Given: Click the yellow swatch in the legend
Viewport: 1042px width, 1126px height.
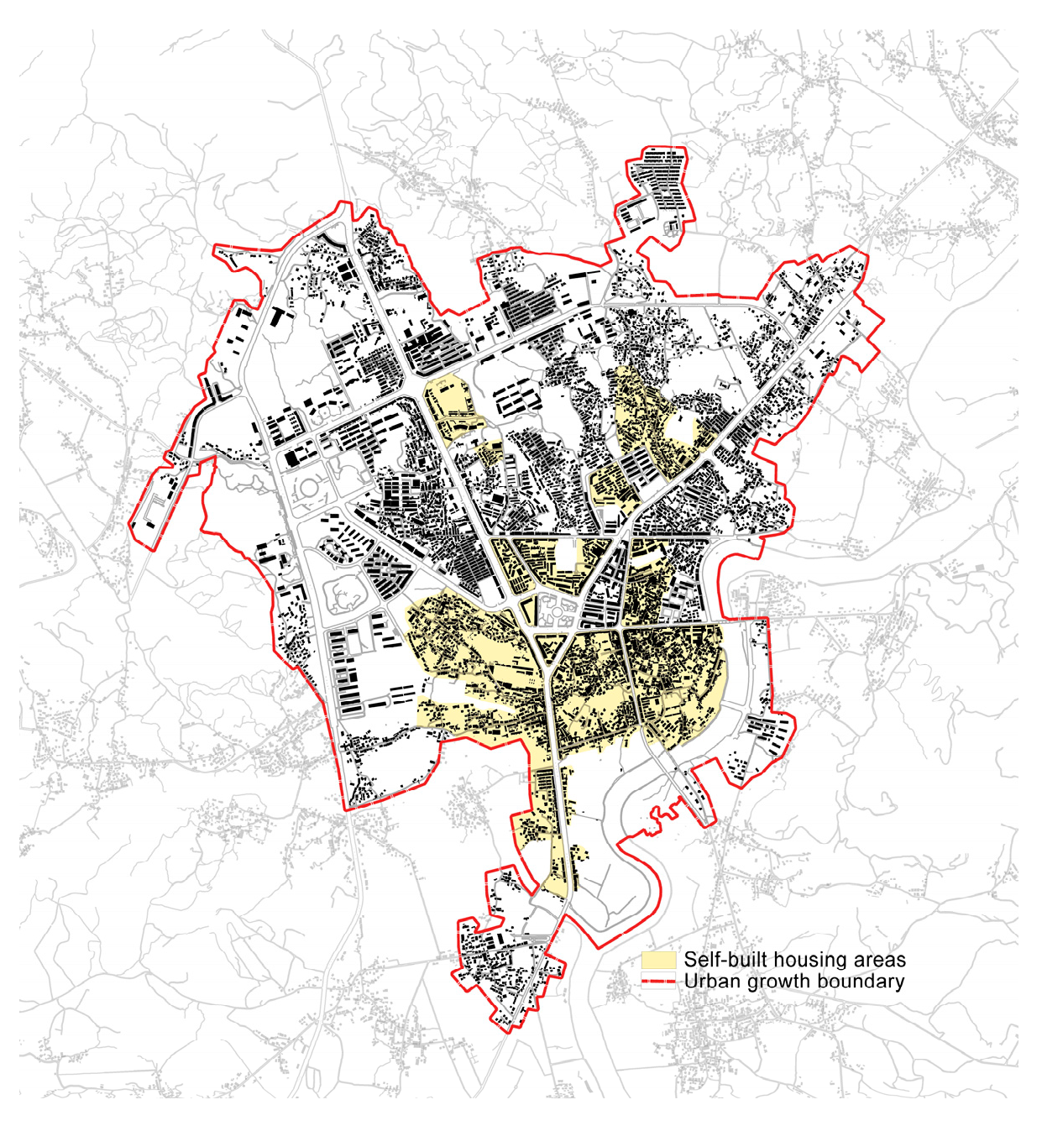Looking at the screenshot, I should coord(658,960).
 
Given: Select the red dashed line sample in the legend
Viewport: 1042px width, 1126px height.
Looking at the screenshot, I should coord(658,982).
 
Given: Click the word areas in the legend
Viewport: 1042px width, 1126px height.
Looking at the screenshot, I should coord(878,960).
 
